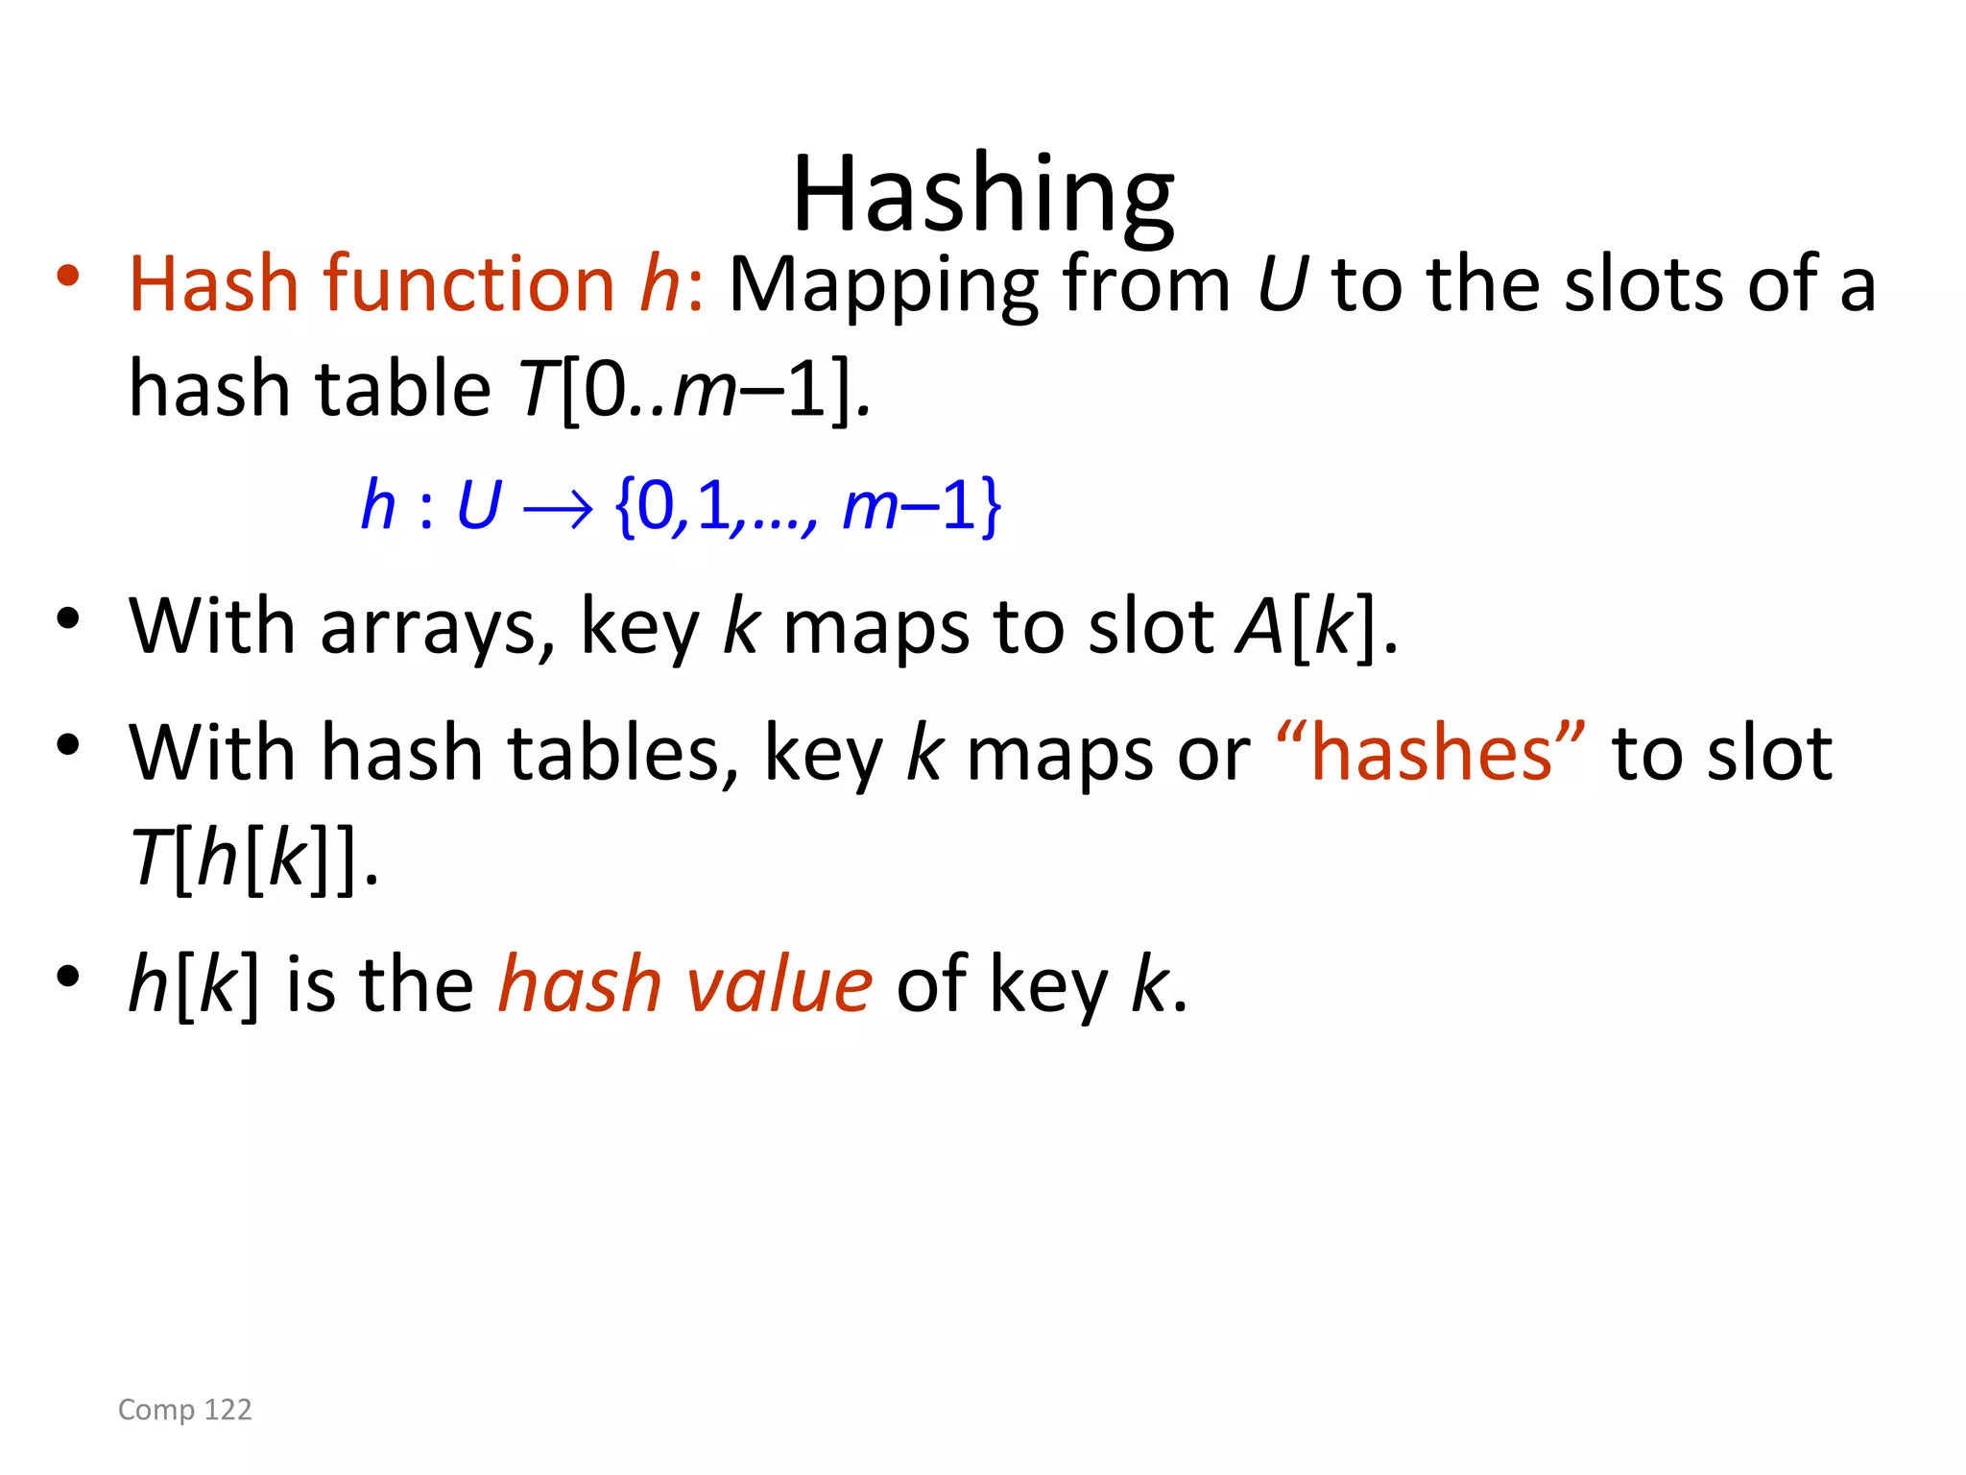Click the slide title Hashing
tap(982, 195)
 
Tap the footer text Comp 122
tap(185, 1409)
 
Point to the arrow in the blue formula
tap(558, 508)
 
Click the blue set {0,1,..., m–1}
tap(808, 506)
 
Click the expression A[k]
tap(1307, 627)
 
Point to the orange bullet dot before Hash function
tap(67, 276)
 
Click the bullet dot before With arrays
tap(67, 619)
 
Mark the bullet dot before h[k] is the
tap(67, 977)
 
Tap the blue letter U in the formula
tap(478, 506)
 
